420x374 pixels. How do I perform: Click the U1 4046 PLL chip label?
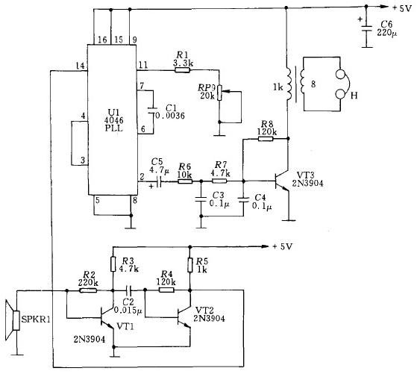[114, 120]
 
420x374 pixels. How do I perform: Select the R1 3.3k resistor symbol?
[182, 70]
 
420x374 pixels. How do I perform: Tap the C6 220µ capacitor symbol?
[367, 28]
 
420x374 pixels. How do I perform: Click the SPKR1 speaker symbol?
[13, 320]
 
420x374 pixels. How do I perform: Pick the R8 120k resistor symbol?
[266, 139]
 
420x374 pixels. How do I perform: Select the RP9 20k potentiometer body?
[219, 93]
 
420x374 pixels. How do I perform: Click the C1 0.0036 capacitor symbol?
[153, 110]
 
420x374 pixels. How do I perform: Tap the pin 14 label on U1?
[80, 66]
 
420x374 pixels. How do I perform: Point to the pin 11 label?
[142, 65]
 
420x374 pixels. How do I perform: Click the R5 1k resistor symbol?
[190, 265]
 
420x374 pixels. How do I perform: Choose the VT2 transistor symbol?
[184, 318]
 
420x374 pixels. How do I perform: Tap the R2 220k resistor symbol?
[88, 290]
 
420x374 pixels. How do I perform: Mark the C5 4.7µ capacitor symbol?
[159, 181]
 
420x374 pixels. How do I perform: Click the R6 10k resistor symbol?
[185, 181]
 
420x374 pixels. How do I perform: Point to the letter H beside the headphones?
[354, 96]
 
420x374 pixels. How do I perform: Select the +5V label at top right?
[401, 8]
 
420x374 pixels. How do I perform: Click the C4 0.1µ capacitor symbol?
[243, 200]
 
